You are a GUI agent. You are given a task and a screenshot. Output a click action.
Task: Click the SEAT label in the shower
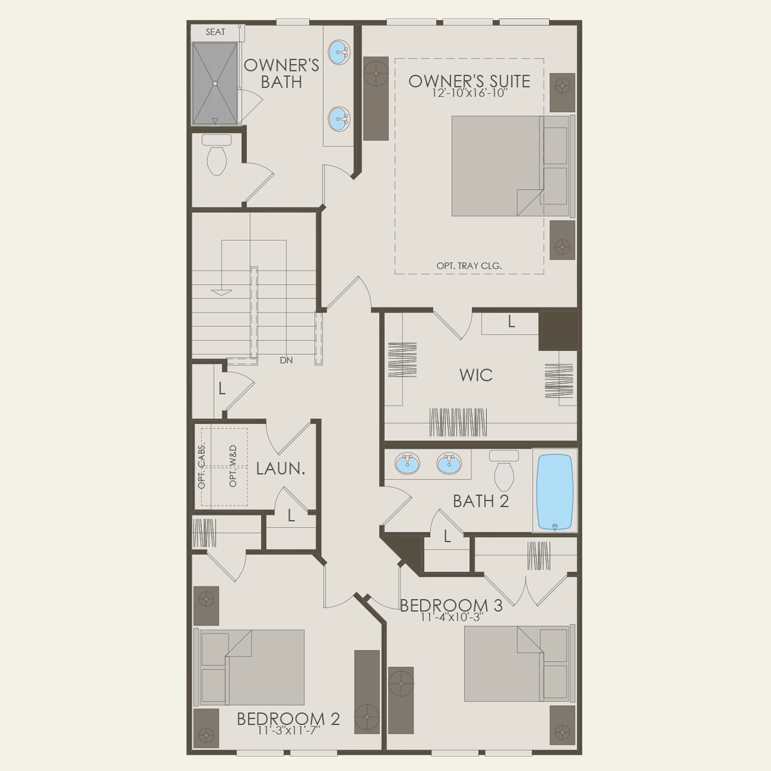[215, 32]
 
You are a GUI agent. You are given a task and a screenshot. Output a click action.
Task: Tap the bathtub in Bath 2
[555, 491]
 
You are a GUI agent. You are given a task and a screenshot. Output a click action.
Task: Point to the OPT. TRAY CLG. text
[469, 266]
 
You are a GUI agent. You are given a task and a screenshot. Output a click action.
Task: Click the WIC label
[476, 375]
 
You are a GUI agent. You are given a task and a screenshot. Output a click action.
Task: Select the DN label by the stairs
[286, 360]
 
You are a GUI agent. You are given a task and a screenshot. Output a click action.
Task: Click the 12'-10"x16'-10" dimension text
[469, 93]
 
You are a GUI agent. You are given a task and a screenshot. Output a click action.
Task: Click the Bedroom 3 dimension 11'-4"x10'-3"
[452, 617]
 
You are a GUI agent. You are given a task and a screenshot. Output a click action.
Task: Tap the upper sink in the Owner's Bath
[339, 52]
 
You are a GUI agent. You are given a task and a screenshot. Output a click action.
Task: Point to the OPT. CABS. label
[202, 465]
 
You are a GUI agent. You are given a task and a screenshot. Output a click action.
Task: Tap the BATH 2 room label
[481, 502]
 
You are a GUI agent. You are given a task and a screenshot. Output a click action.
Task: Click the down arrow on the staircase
[221, 293]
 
